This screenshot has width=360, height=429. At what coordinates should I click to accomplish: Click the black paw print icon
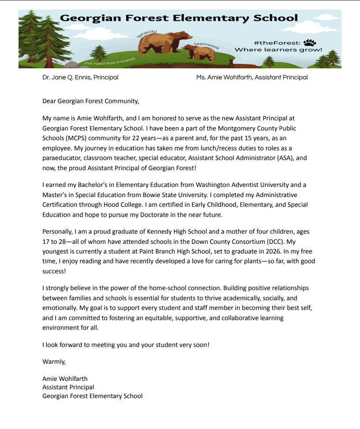[310, 42]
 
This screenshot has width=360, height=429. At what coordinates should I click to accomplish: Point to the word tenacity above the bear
[147, 34]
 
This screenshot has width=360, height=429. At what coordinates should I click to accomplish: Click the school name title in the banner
[179, 18]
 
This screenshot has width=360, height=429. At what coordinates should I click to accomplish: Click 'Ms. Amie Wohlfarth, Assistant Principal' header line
[252, 77]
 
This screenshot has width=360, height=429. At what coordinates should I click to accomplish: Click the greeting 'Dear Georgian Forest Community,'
[90, 101]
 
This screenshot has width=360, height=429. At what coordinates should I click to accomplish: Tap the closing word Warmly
[54, 362]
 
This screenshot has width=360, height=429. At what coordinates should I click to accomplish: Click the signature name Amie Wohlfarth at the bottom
[65, 379]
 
